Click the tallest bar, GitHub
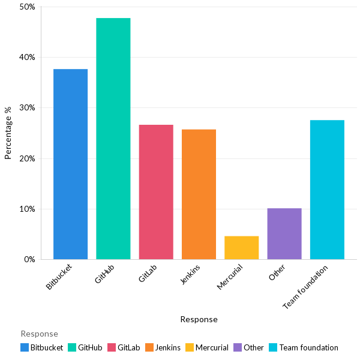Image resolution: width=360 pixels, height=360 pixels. click(113, 139)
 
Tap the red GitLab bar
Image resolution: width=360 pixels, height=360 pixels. click(156, 192)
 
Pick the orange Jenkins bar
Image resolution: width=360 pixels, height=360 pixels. click(199, 194)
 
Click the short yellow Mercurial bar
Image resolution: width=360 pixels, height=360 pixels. click(241, 248)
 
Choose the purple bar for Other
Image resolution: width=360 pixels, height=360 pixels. click(284, 234)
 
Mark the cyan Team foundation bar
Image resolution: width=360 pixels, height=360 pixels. click(327, 190)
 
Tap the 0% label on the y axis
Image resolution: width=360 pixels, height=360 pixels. click(29, 260)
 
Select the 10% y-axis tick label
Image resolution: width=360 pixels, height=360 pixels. click(28, 209)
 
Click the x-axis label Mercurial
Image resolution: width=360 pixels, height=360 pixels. click(230, 276)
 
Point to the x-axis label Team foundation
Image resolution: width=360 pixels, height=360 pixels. click(306, 288)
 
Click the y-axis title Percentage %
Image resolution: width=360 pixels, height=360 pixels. click(8, 133)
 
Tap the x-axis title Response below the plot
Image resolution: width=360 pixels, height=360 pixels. click(199, 320)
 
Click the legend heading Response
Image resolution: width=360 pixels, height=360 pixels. click(39, 334)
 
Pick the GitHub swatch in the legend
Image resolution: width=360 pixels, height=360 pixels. click(72, 347)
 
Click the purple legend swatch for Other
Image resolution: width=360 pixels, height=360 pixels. click(238, 347)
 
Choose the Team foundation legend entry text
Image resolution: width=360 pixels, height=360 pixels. click(308, 347)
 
